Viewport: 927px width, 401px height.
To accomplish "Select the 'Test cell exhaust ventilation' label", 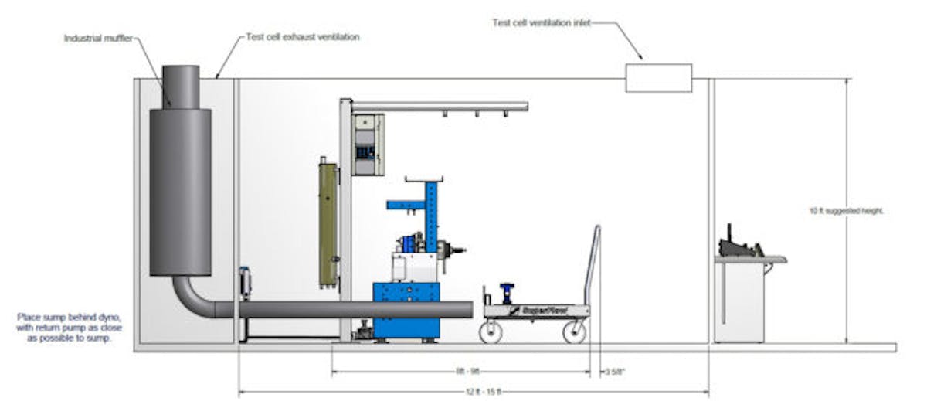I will click(302, 37).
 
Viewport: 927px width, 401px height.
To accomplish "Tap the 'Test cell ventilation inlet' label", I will click(541, 22).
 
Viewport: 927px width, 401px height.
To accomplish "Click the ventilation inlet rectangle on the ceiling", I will click(658, 79).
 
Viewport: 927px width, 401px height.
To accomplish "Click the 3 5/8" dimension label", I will click(616, 372).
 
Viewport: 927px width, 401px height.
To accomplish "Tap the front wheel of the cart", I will click(490, 332).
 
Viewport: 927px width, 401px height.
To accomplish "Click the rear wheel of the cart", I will click(574, 332).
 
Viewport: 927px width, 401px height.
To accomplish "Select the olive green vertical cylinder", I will click(328, 212).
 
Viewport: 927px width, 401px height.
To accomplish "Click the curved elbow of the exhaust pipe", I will click(189, 297).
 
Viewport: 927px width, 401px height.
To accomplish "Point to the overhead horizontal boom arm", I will click(440, 106).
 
